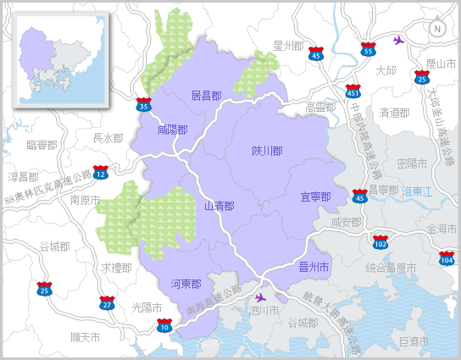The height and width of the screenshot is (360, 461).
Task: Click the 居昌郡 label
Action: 206,96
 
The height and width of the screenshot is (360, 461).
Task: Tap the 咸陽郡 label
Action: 172,130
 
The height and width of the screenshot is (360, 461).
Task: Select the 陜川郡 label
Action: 267,151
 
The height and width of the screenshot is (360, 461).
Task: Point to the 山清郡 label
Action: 219,206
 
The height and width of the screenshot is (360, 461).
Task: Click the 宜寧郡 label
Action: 315,197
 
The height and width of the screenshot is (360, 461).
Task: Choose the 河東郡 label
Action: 186,283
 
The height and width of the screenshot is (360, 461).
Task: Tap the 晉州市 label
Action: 314,267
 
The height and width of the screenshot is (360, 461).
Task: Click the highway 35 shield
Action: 144,104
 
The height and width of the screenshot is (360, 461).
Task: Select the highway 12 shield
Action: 101,173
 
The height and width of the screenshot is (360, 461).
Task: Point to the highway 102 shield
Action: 380,242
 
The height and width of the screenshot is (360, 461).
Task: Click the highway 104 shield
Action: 446,257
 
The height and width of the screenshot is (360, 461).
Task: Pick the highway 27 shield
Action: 106,302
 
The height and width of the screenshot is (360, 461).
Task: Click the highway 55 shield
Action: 368,49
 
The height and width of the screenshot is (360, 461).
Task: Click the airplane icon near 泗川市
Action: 259,297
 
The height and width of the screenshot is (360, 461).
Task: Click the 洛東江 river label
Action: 417,192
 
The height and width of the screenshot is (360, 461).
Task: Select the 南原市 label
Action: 86,201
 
